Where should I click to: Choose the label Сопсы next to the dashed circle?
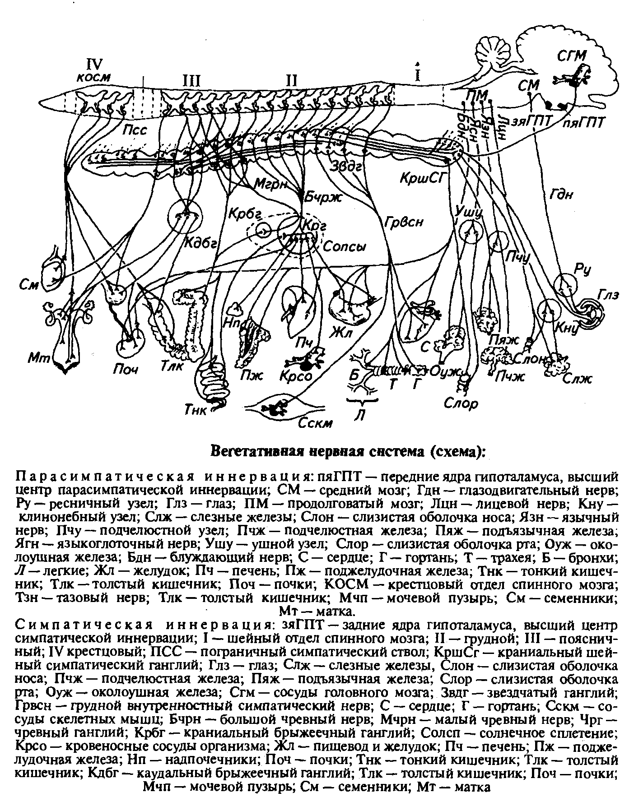[344, 247]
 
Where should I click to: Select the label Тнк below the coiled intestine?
[196, 410]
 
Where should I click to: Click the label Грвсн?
[404, 222]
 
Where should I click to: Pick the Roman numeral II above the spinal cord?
[292, 80]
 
